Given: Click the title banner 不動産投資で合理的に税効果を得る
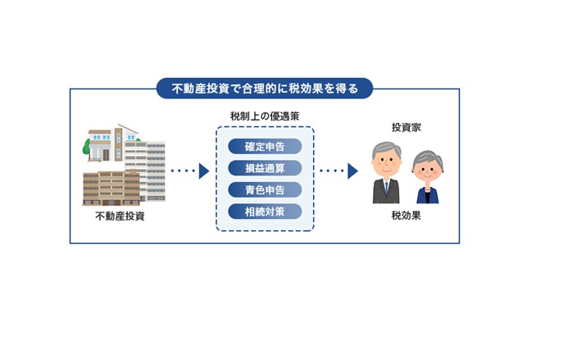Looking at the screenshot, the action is [x=265, y=89].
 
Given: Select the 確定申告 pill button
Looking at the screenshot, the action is [x=265, y=147].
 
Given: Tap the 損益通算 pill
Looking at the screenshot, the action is [x=265, y=168].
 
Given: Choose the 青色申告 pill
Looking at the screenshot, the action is [x=265, y=190].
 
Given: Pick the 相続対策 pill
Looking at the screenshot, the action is [x=265, y=212].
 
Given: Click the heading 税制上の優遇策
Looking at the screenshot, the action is [x=265, y=116].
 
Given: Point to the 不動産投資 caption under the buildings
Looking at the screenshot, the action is [x=120, y=216].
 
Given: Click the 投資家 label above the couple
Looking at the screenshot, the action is [x=407, y=127].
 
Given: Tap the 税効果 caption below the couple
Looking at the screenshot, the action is [x=407, y=216].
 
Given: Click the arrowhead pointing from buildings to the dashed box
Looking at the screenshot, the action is [x=204, y=171].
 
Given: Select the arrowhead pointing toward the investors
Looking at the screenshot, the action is [x=352, y=171].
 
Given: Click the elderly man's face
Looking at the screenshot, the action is [x=386, y=163].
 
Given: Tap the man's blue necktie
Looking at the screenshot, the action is [x=386, y=188].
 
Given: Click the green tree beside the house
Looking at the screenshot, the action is [x=86, y=148].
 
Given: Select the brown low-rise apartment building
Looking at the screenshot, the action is [x=111, y=188].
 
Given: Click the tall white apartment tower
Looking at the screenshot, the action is [x=145, y=171].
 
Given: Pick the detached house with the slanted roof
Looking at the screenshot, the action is [x=111, y=143].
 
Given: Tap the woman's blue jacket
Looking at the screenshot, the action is [x=428, y=196].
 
